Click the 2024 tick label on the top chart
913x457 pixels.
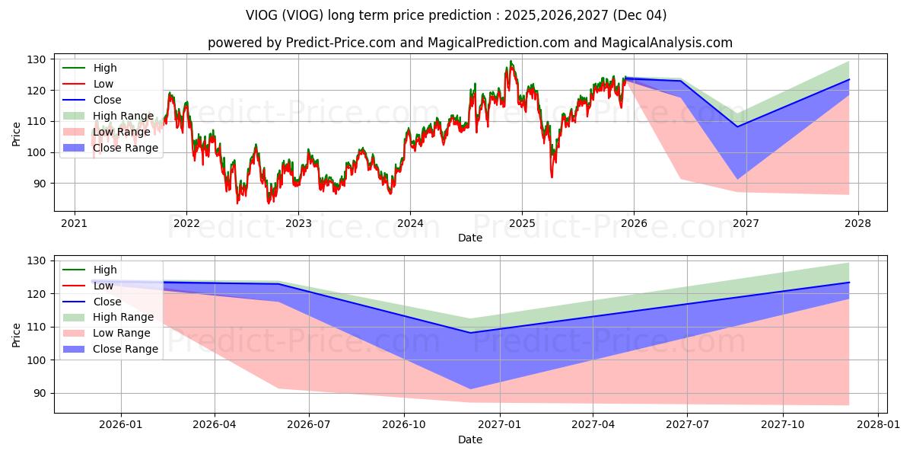tap(410, 224)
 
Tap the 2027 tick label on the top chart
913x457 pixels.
tap(746, 224)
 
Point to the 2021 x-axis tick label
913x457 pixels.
tap(75, 224)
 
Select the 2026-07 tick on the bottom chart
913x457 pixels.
tap(309, 425)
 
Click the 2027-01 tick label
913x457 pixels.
tap(500, 425)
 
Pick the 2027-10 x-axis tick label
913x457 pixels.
tap(783, 425)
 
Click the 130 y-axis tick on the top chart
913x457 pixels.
tap(37, 59)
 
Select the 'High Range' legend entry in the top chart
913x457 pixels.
tap(108, 116)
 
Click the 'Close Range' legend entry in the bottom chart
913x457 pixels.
tap(110, 349)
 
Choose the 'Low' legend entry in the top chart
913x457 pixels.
tap(87, 84)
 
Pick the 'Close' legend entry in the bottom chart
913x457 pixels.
tap(92, 302)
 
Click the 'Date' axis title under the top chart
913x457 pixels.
tap(470, 238)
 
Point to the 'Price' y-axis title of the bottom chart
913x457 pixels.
tap(16, 335)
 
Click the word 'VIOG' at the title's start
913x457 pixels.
tap(261, 15)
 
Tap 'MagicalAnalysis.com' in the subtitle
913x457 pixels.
tap(666, 43)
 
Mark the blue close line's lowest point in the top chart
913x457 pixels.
tap(737, 127)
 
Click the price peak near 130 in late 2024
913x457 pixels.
tap(511, 61)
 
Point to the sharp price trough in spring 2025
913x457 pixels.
tap(552, 177)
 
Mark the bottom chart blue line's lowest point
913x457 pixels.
tap(470, 333)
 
